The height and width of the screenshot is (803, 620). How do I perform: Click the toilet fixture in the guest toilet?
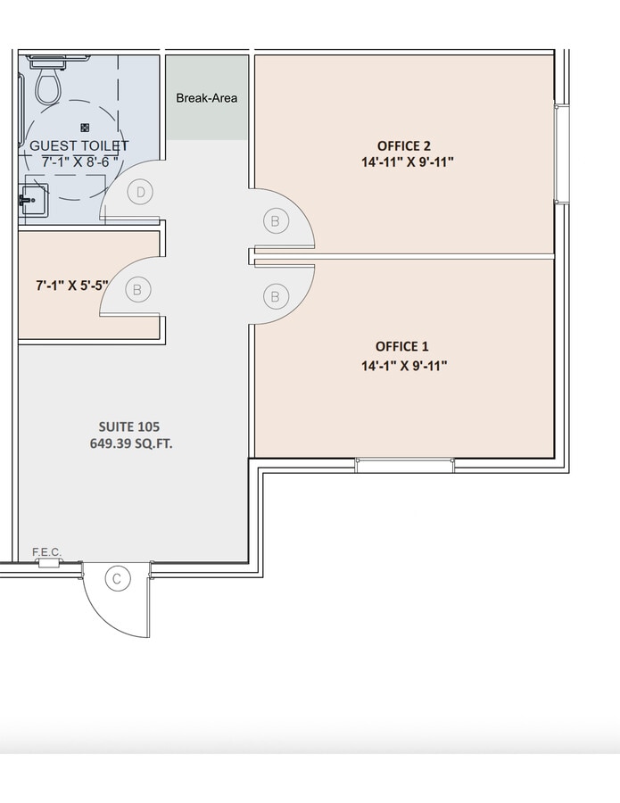(46, 86)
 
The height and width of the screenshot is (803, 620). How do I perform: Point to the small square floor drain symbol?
(85, 128)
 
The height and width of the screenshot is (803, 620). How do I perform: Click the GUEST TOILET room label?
(79, 145)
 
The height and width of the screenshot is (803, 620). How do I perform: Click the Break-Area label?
(207, 97)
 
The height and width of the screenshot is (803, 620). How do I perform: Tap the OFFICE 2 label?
(404, 145)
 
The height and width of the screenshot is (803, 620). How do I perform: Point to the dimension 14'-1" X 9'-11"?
(404, 365)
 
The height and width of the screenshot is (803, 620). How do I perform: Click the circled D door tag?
(140, 191)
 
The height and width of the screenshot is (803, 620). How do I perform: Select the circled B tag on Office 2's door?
(275, 219)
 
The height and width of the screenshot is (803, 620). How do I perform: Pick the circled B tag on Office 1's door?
(275, 295)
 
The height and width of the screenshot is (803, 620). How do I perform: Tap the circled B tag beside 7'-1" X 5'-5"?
(136, 288)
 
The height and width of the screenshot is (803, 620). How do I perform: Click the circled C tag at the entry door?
(116, 579)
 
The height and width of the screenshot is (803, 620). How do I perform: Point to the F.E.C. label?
(46, 552)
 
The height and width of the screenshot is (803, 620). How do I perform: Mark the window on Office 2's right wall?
(562, 153)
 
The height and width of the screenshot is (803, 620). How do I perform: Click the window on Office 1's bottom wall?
(404, 465)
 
